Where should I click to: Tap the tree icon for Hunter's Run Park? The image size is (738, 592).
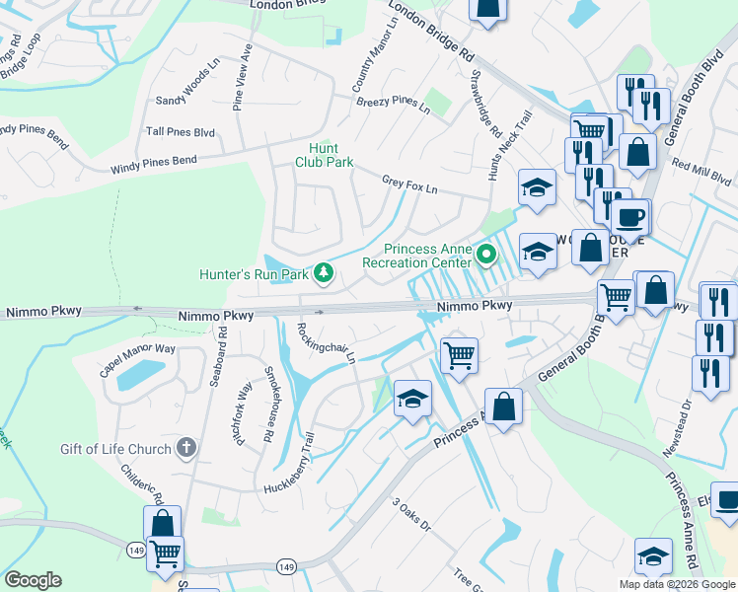[x=322, y=272]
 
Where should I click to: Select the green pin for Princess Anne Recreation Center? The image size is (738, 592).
[x=485, y=256]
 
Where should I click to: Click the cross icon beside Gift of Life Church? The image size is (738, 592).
[x=185, y=449]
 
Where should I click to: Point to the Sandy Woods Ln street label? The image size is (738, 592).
[x=186, y=87]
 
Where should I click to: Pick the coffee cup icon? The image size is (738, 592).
[x=629, y=216]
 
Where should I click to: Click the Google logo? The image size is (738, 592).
[x=33, y=579]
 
